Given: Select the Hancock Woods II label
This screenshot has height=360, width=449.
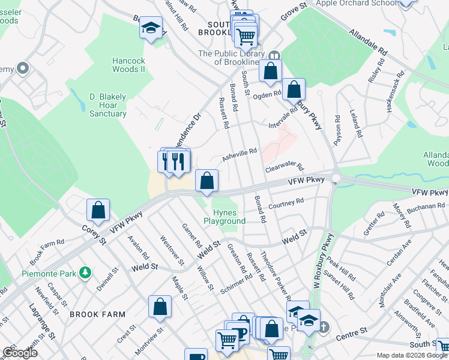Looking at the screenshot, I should pos(129,65).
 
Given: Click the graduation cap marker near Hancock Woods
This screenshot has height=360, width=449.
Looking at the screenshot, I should pos(151,28).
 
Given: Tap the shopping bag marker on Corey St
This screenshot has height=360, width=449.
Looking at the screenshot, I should pos(98,210).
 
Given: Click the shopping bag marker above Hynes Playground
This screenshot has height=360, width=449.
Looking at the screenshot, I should pos(206,181).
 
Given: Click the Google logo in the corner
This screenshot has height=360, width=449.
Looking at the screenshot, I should pos(20,353).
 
